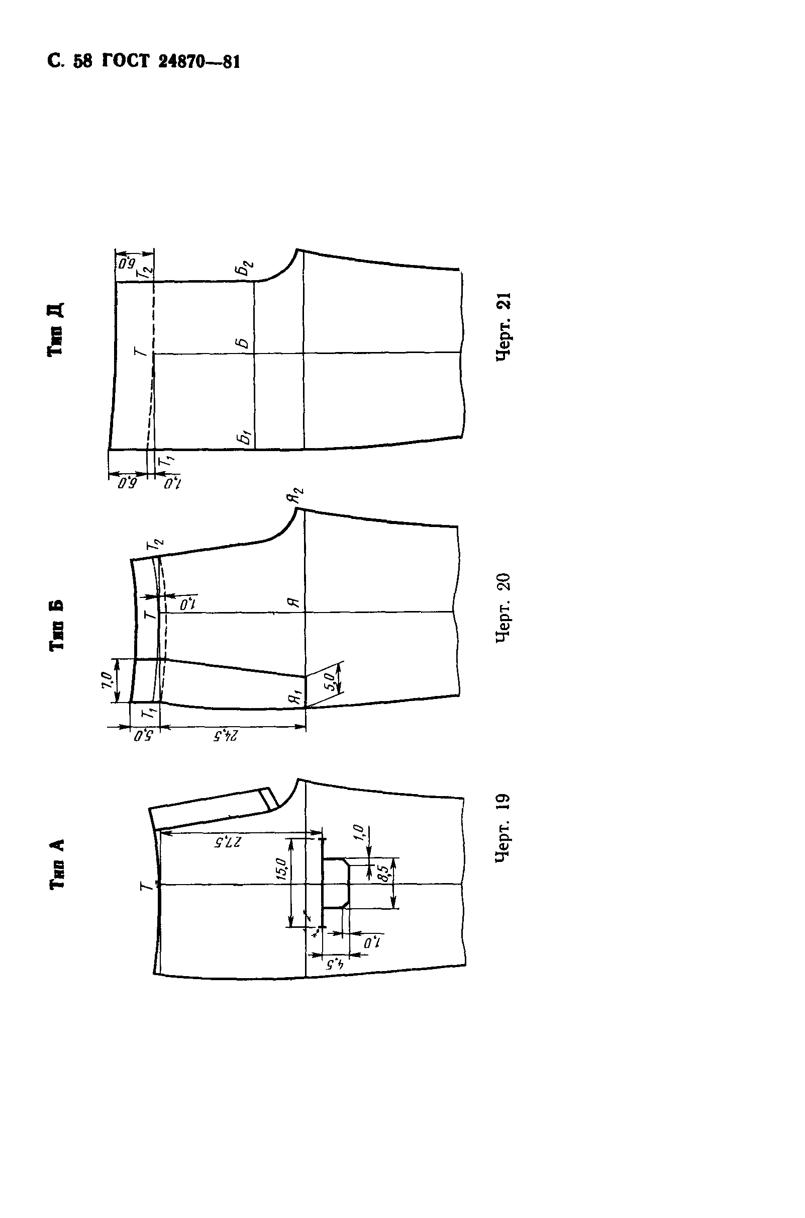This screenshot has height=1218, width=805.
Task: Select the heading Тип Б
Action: (x=56, y=625)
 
